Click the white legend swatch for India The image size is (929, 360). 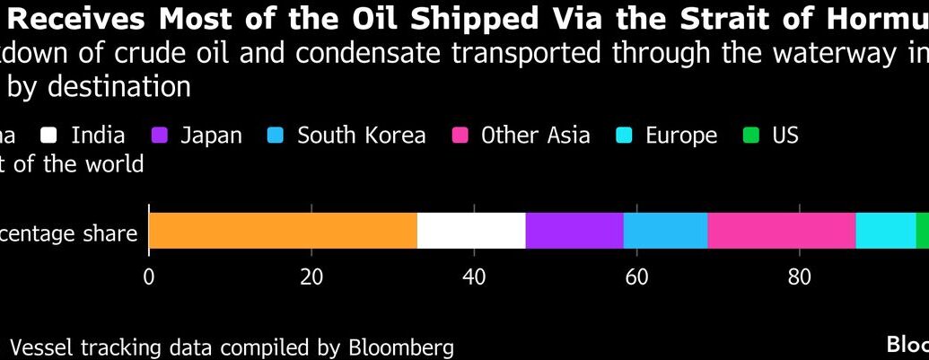[x=48, y=136]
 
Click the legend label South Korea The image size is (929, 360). [x=361, y=136]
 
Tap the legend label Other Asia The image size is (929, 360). [x=536, y=136]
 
